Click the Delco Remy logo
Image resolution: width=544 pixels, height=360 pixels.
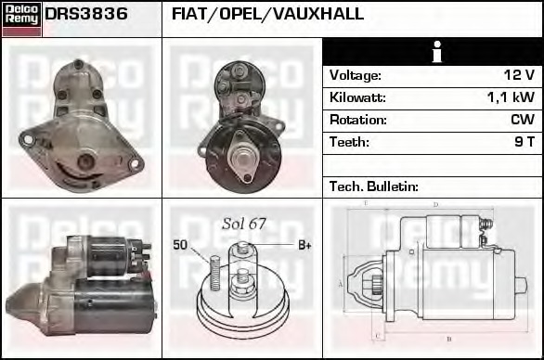pyautogui.click(x=21, y=19)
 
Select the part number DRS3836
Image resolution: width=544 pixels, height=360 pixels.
pyautogui.click(x=86, y=15)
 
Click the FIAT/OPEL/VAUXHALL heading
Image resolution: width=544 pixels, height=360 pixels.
pyautogui.click(x=267, y=15)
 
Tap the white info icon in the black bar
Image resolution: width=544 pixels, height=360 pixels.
pyautogui.click(x=433, y=51)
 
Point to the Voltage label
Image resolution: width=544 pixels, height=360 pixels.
pyautogui.click(x=356, y=74)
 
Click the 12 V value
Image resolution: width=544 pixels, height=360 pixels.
pyautogui.click(x=519, y=74)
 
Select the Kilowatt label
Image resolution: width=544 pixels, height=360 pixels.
pyautogui.click(x=357, y=96)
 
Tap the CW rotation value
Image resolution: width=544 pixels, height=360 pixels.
pyautogui.click(x=522, y=120)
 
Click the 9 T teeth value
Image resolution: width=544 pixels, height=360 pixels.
pyautogui.click(x=525, y=142)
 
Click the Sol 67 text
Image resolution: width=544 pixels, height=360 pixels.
pyautogui.click(x=244, y=224)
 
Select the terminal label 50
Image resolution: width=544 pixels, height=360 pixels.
pyautogui.click(x=180, y=244)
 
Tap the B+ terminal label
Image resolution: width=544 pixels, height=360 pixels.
pyautogui.click(x=304, y=245)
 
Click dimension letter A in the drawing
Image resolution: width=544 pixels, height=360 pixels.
pyautogui.click(x=341, y=283)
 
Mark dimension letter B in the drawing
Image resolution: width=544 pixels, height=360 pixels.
pyautogui.click(x=449, y=339)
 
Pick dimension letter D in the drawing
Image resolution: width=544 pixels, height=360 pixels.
pyautogui.click(x=435, y=205)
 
